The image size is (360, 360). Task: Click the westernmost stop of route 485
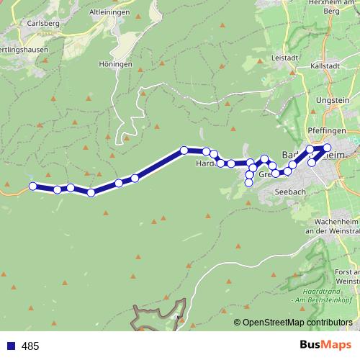pyautogui.click(x=32, y=186)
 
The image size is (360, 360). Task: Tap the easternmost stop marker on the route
pyautogui.click(x=327, y=148)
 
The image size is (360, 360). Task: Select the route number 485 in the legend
pyautogui.click(x=30, y=346)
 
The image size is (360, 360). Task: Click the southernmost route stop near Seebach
pyautogui.click(x=249, y=183)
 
